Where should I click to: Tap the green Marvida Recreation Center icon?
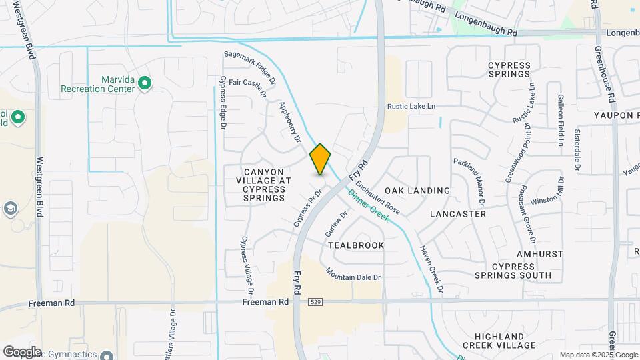145,83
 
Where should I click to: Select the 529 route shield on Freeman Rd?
316,302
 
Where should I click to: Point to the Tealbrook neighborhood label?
357,245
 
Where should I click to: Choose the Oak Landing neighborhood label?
417,191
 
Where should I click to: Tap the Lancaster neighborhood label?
458,214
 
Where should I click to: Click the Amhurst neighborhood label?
540,254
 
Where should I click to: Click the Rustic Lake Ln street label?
411,107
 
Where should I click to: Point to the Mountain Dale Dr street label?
353,273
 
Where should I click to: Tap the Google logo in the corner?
21,351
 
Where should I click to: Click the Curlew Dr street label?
336,225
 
